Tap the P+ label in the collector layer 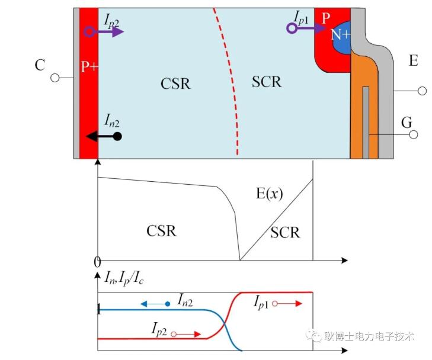pos(89,66)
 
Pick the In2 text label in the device pos(112,121)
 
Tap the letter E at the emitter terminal pos(413,60)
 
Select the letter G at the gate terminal pos(407,123)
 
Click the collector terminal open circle pos(56,78)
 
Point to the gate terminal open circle pos(414,135)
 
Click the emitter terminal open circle pos(422,91)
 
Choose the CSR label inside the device pos(175,83)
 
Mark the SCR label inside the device pos(266,82)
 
